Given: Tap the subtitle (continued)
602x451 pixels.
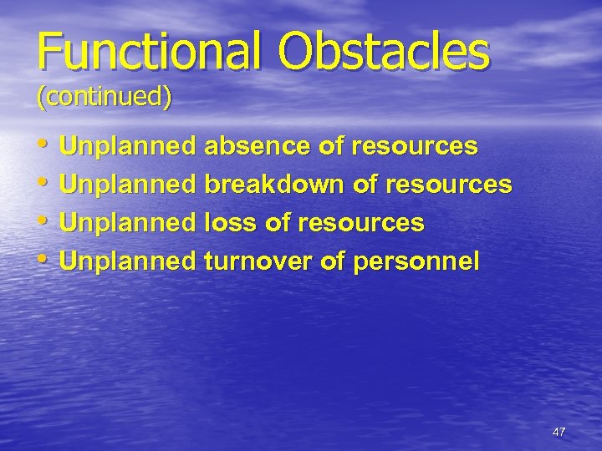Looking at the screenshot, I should point(104,97).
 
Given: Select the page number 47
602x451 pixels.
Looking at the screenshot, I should point(559,432).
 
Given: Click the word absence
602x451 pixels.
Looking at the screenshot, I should point(256,147).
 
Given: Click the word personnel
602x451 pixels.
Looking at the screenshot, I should point(417,262).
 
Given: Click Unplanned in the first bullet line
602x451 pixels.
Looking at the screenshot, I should point(127,147).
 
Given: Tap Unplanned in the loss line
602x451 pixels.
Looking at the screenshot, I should point(127,224).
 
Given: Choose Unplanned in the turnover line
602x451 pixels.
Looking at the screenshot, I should point(127,262).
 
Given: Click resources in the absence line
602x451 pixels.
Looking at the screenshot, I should point(415,147).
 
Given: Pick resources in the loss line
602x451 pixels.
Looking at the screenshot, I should point(361,224).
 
